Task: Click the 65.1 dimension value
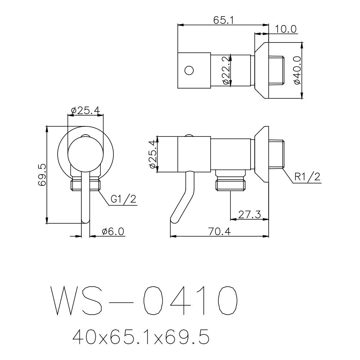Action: tap(224, 20)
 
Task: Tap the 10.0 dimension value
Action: tap(286, 29)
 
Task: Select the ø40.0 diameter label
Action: tap(297, 70)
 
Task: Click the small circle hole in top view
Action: tap(189, 70)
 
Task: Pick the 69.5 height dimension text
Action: tap(42, 175)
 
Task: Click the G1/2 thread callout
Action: tap(123, 199)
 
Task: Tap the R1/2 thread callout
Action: tap(307, 177)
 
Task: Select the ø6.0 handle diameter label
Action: tap(113, 232)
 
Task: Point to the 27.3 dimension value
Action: tap(249, 215)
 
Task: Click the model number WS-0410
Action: tap(144, 301)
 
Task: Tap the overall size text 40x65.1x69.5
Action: tap(140, 337)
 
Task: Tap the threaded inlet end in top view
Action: tap(276, 70)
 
